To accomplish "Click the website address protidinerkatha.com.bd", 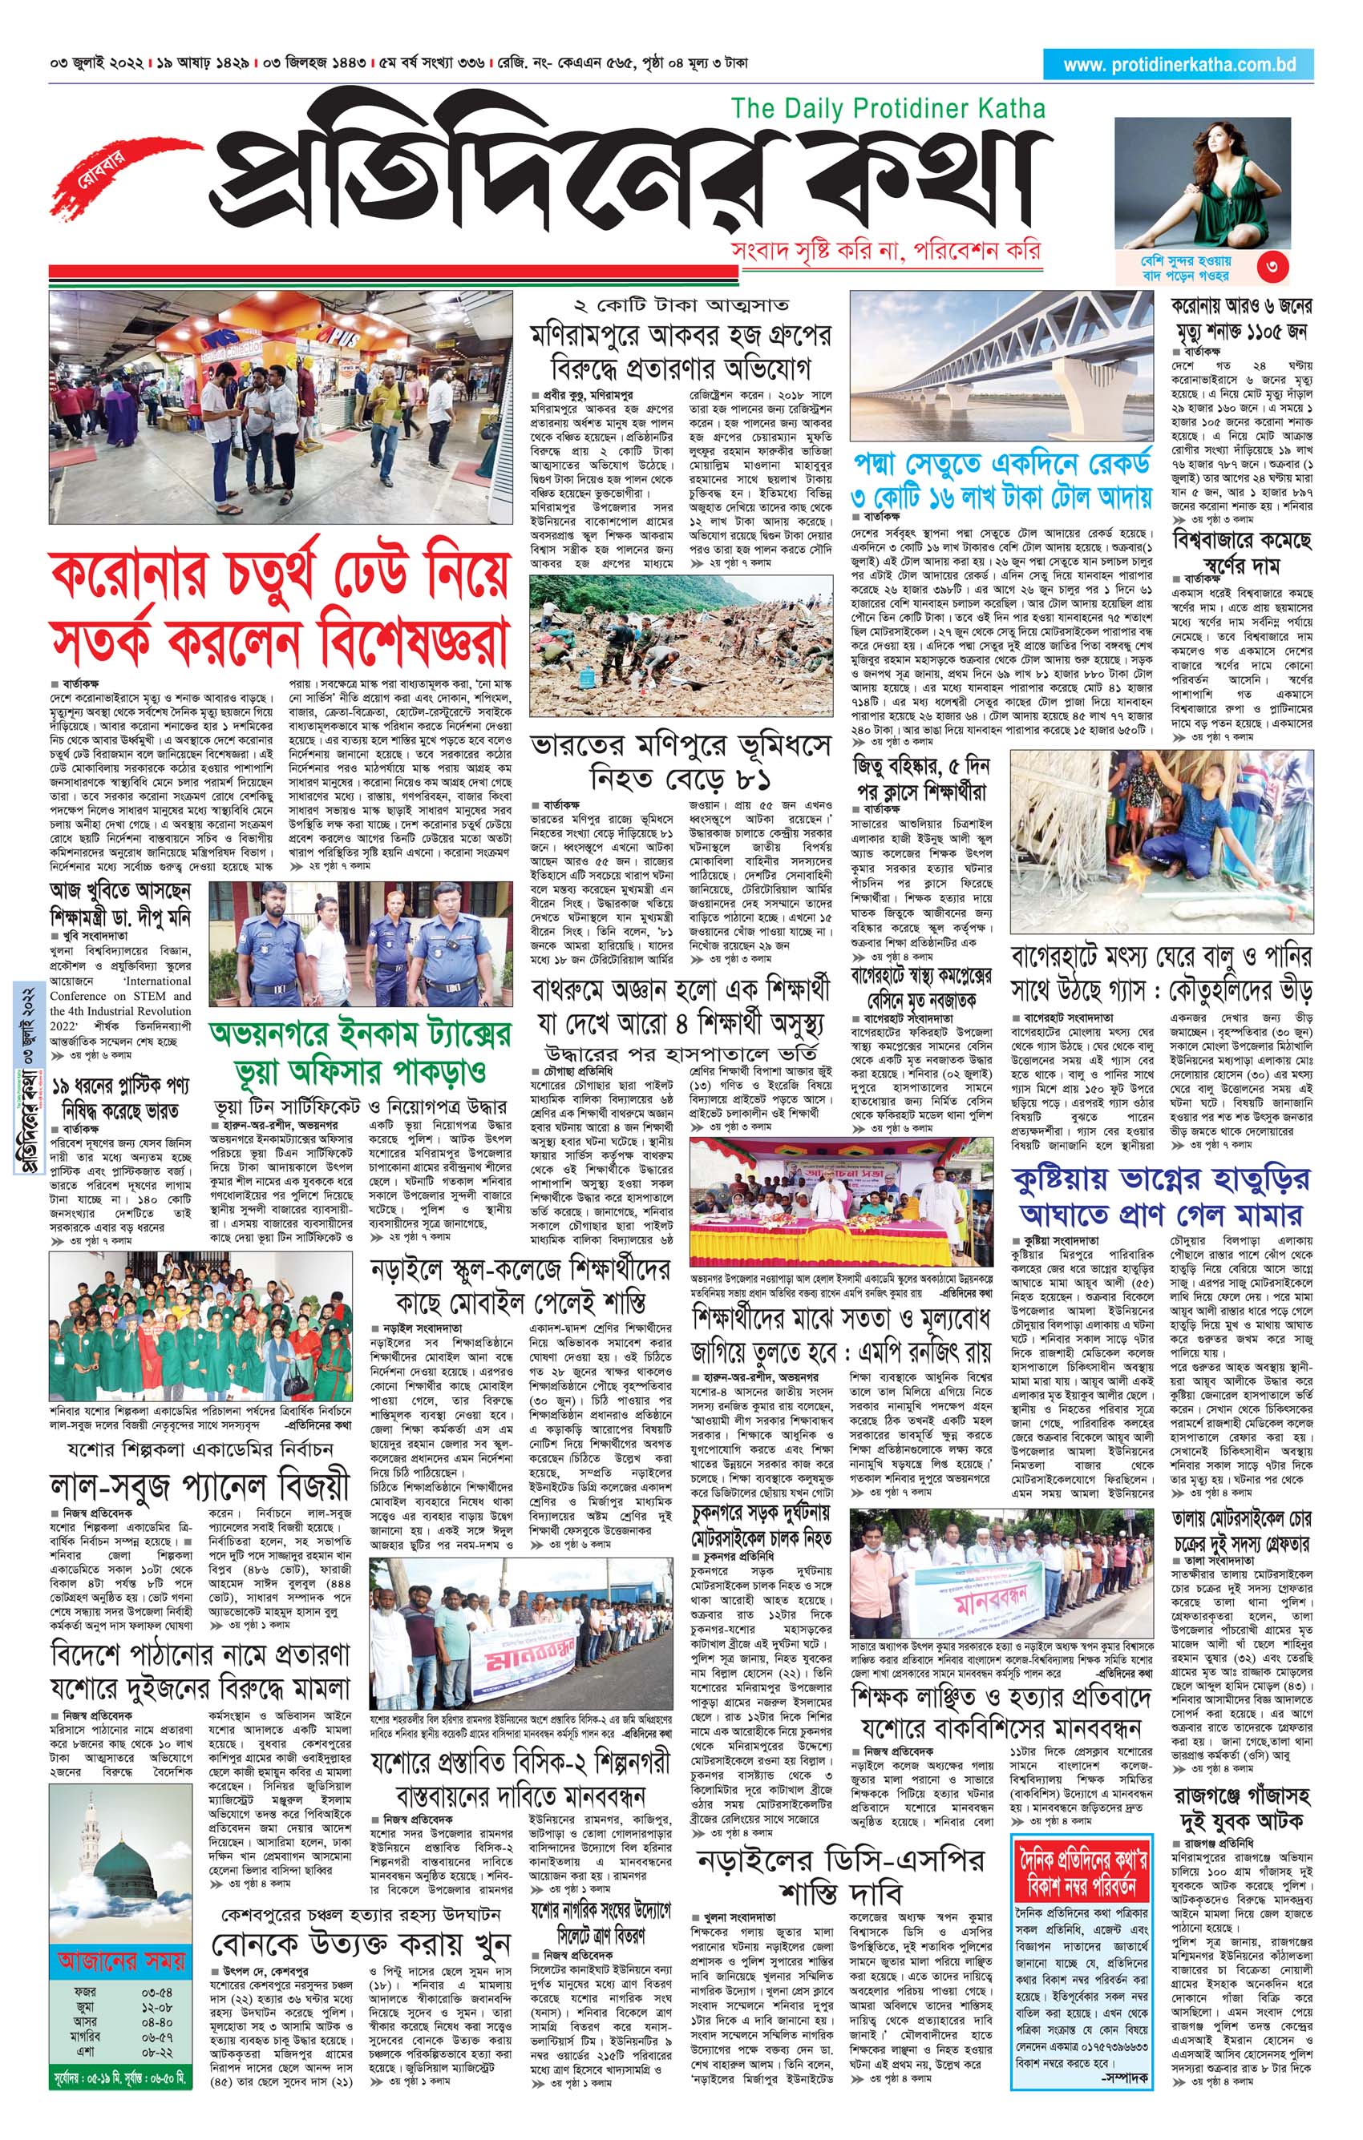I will tap(1179, 65).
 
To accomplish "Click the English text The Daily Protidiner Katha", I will tap(888, 108).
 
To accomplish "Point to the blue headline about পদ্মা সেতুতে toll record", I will tap(1002, 481).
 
